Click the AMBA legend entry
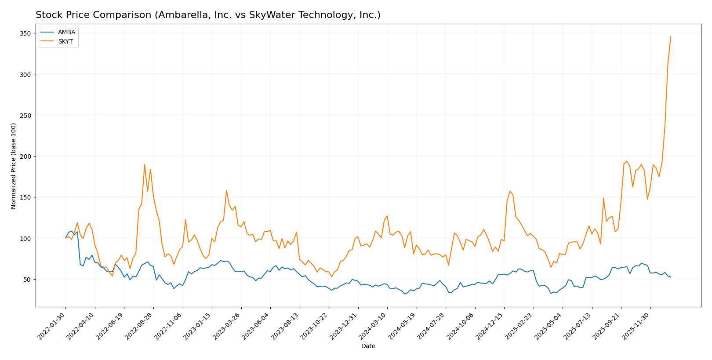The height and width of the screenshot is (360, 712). click(x=66, y=32)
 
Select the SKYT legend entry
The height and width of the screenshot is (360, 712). click(x=66, y=42)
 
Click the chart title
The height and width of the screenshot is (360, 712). click(x=208, y=15)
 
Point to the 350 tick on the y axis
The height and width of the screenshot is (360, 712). click(x=26, y=33)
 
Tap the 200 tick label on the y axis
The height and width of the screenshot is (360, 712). click(x=26, y=156)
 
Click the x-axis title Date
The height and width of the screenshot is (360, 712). click(x=368, y=346)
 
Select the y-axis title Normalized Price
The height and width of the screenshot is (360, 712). click(x=14, y=166)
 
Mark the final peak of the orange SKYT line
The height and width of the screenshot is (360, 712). click(x=671, y=36)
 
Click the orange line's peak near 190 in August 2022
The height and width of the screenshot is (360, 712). click(x=145, y=164)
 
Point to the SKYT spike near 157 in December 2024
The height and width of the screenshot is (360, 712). click(x=510, y=191)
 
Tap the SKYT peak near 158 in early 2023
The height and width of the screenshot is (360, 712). click(x=226, y=190)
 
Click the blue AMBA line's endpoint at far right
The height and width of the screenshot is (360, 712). click(x=671, y=277)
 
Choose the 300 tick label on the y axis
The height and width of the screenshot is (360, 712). click(x=26, y=74)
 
